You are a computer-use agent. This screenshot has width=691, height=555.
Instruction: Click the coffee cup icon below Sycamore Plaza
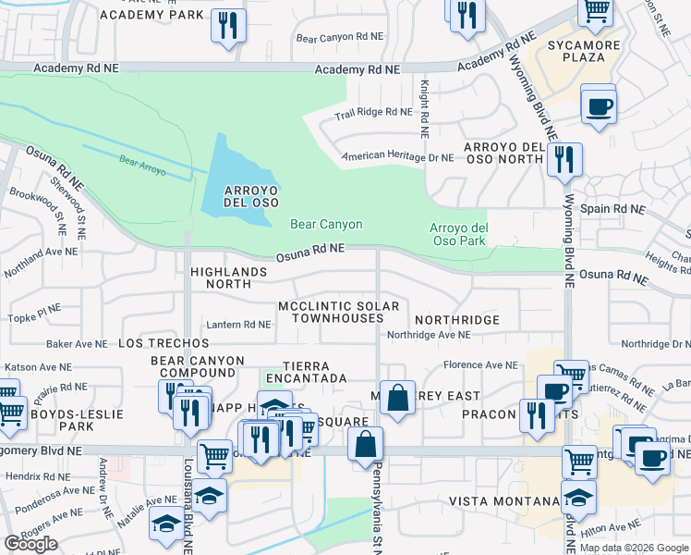[599, 105]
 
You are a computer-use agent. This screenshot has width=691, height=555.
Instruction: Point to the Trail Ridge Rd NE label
[373, 112]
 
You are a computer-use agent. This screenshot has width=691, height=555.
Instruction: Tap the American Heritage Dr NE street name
[397, 157]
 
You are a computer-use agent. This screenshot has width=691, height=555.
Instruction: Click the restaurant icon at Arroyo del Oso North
[563, 159]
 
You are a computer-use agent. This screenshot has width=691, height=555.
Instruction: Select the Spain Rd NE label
[612, 209]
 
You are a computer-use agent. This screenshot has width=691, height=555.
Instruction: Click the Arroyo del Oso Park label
[457, 235]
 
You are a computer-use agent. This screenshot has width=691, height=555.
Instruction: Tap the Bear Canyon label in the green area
[326, 224]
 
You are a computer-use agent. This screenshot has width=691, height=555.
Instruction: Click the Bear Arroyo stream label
[142, 166]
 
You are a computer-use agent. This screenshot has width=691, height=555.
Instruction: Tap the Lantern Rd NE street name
[238, 325]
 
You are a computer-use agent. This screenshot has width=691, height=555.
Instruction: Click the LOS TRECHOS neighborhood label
[164, 343]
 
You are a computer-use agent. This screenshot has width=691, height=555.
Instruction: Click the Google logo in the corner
[30, 544]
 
